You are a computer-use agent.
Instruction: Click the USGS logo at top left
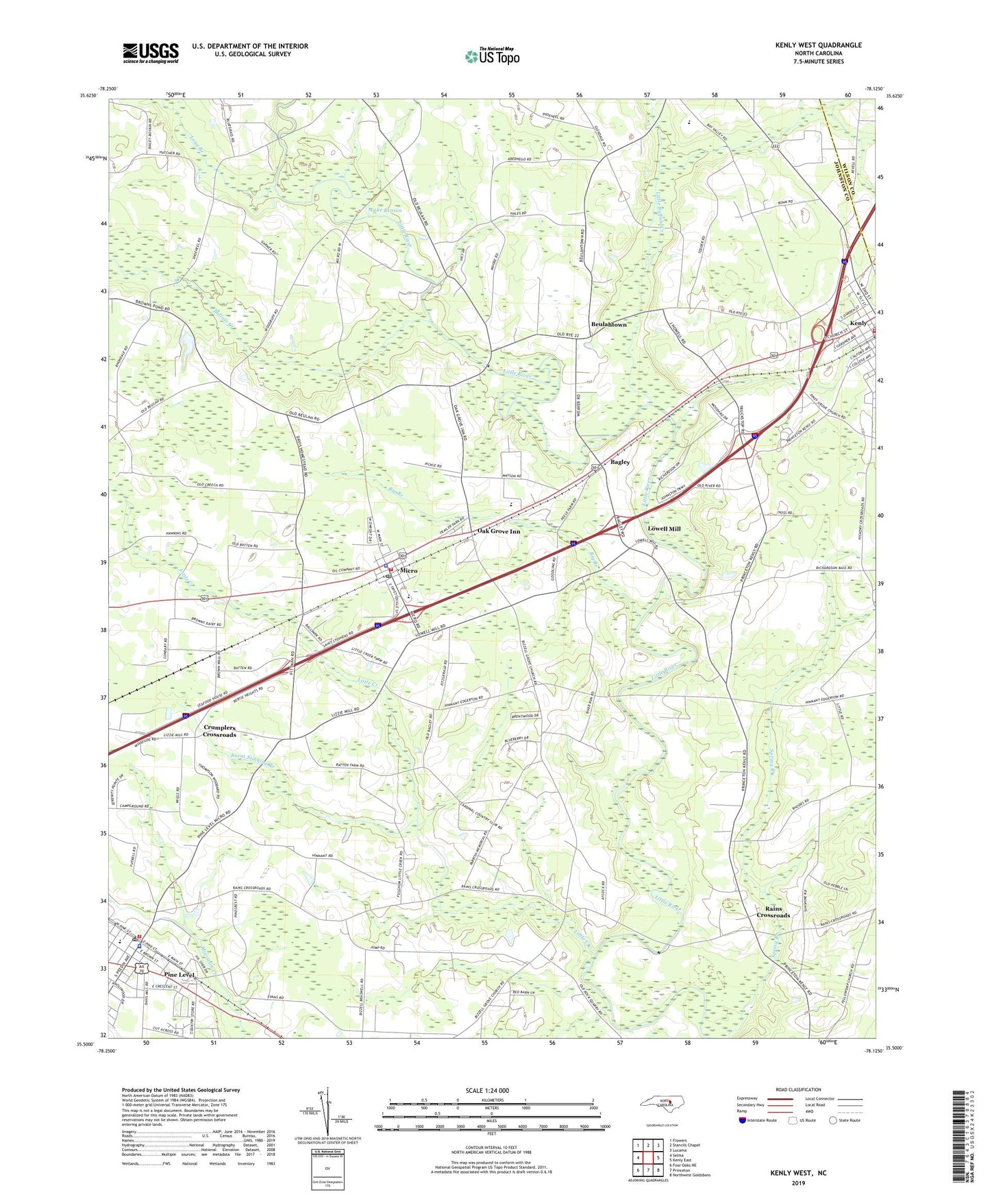click(x=151, y=53)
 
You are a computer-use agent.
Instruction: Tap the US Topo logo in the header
click(x=492, y=56)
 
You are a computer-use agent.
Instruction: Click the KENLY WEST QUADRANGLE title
click(x=818, y=45)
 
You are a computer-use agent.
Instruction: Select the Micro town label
click(x=408, y=570)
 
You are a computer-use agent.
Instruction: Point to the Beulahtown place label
click(x=608, y=324)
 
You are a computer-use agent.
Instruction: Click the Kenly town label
click(x=858, y=323)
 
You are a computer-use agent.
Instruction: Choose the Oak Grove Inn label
click(x=498, y=531)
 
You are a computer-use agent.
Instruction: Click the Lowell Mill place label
click(x=664, y=529)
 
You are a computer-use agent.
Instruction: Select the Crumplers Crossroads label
click(x=219, y=731)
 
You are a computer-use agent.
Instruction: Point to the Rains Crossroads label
click(x=773, y=912)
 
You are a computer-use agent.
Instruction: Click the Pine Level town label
click(x=180, y=974)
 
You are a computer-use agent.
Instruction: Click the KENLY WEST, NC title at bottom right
click(x=798, y=1173)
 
